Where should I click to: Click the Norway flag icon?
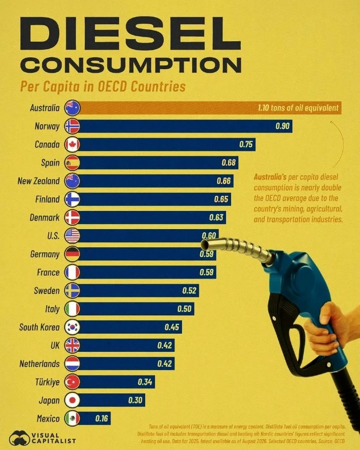pyautogui.click(x=72, y=126)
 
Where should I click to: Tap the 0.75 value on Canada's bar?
pyautogui.click(x=246, y=144)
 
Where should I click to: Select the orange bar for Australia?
pyautogui.click(x=210, y=108)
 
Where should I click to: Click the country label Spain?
pyautogui.click(x=50, y=163)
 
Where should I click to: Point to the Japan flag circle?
pyautogui.click(x=72, y=400)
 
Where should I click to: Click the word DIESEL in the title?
pyautogui.click(x=130, y=33)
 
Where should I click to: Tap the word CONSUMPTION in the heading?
pyautogui.click(x=130, y=65)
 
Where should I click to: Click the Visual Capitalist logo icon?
pyautogui.click(x=20, y=437)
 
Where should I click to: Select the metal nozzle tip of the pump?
pyautogui.click(x=207, y=244)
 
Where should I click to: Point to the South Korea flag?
pyautogui.click(x=72, y=327)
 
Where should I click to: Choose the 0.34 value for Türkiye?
pyautogui.click(x=145, y=382)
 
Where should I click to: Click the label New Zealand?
pyautogui.click(x=39, y=181)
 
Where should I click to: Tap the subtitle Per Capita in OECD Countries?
pyautogui.click(x=103, y=86)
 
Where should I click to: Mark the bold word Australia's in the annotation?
pyautogui.click(x=270, y=177)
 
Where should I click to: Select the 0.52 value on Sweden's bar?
pyautogui.click(x=190, y=290)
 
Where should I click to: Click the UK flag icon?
pyautogui.click(x=72, y=345)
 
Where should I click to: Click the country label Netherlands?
pyautogui.click(x=40, y=364)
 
